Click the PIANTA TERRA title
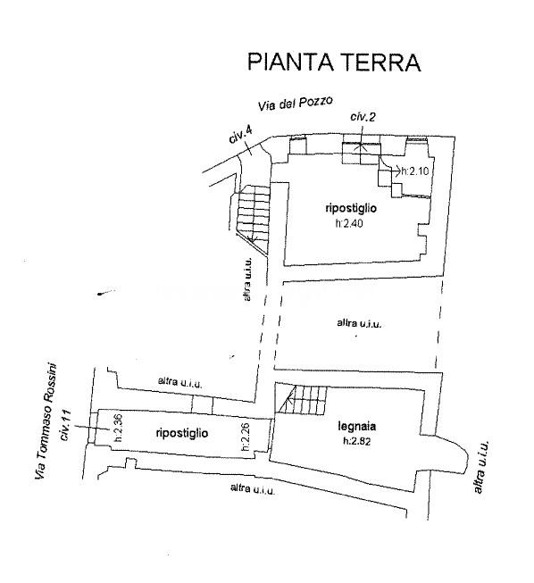click(x=334, y=62)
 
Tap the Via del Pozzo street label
click(x=296, y=103)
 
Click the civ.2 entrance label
click(x=363, y=117)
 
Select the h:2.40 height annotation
click(x=349, y=223)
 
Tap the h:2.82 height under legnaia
click(x=357, y=441)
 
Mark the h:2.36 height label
click(x=118, y=428)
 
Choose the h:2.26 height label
click(x=245, y=437)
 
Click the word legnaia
click(x=356, y=426)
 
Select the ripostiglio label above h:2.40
click(x=351, y=209)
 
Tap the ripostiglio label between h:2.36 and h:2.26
click(x=182, y=433)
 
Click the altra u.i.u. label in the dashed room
click(x=359, y=323)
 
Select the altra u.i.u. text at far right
click(x=480, y=467)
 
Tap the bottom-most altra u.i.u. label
click(x=253, y=489)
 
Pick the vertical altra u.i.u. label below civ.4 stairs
click(x=247, y=279)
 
